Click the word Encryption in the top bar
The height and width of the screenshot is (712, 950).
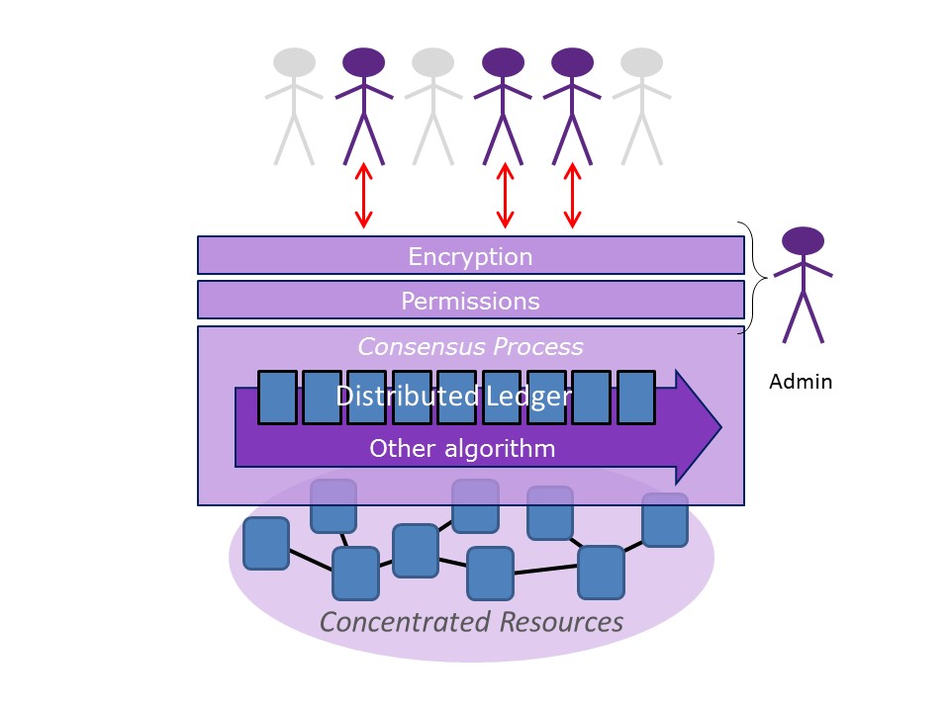[470, 257]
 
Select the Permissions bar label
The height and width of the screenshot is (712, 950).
[470, 301]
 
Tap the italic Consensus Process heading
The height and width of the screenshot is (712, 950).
[470, 347]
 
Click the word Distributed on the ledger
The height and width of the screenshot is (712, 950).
[407, 397]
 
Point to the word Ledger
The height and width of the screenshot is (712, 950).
[528, 397]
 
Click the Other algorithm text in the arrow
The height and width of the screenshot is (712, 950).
[462, 448]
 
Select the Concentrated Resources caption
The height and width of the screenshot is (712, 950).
[471, 622]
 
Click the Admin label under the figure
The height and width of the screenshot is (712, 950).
[801, 382]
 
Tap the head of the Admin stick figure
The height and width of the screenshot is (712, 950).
[803, 240]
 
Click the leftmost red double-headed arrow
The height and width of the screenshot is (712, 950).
[364, 196]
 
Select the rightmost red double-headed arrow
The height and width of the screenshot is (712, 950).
[571, 196]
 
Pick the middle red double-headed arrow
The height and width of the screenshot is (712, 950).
[505, 196]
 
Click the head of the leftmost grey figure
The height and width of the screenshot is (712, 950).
[294, 62]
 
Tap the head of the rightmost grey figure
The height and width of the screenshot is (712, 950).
[641, 62]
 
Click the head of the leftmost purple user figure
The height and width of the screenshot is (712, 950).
[364, 62]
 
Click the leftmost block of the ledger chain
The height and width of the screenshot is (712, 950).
[277, 398]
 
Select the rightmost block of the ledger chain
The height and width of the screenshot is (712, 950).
[636, 398]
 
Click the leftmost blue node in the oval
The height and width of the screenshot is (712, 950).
[266, 543]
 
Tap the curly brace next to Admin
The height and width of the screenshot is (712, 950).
[756, 277]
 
